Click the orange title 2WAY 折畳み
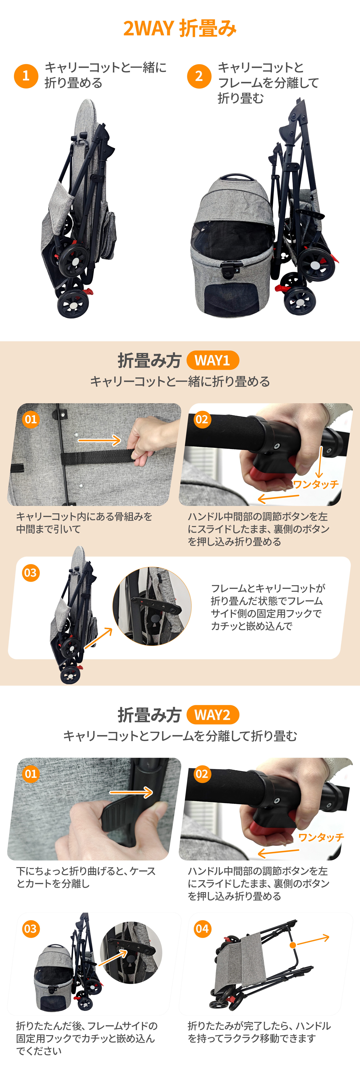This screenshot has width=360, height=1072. click(180, 28)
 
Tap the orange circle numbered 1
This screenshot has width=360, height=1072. click(26, 76)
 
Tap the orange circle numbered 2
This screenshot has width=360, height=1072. click(199, 76)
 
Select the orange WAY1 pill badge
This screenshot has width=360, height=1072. click(213, 360)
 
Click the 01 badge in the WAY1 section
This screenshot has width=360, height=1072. click(31, 419)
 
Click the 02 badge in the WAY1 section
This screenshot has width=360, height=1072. click(202, 419)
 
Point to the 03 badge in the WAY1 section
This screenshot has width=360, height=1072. click(31, 573)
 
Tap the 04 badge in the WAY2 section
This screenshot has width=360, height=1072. click(202, 929)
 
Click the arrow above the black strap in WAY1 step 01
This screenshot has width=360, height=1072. click(99, 440)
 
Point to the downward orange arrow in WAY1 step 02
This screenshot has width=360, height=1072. click(320, 462)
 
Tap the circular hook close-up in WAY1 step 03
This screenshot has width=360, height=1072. click(152, 606)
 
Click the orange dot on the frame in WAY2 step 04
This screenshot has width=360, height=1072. click(293, 945)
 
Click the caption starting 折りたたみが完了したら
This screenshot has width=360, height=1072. click(259, 1032)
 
